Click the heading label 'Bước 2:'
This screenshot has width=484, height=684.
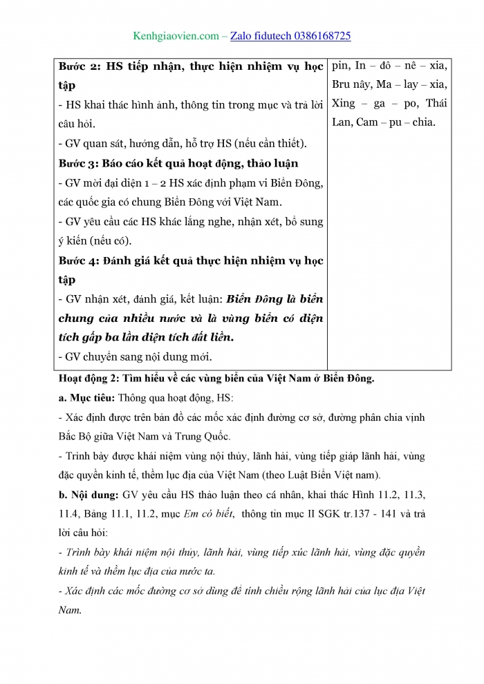click(x=80, y=66)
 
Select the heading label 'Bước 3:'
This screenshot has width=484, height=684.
click(x=80, y=163)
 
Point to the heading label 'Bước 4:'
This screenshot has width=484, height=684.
click(x=80, y=260)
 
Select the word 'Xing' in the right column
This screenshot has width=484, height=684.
click(x=344, y=104)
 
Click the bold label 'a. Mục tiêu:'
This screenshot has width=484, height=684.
click(x=86, y=398)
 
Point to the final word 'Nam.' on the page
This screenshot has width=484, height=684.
click(x=70, y=611)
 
